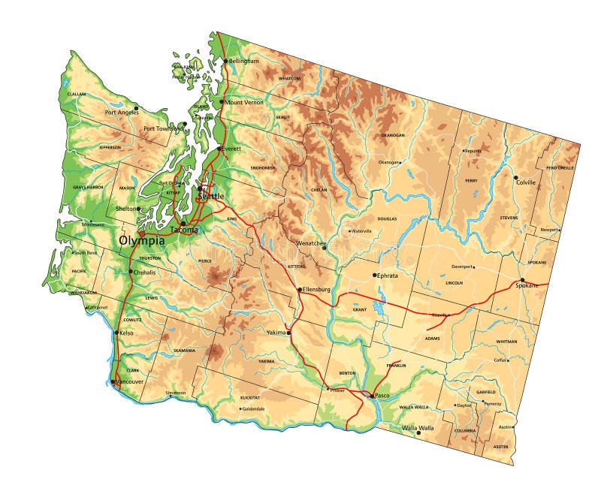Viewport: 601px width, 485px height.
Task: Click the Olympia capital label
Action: click(142, 241)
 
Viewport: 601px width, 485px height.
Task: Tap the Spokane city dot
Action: click(523, 280)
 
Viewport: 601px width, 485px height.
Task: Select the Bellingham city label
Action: click(243, 61)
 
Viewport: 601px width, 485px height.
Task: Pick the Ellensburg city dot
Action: click(300, 289)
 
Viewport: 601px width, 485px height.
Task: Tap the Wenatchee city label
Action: click(311, 244)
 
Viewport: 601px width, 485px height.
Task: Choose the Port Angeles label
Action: click(121, 113)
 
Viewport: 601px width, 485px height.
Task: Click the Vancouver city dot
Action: click(113, 382)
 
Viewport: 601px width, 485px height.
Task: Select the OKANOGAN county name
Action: click(392, 135)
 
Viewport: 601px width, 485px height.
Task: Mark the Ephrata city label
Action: click(391, 276)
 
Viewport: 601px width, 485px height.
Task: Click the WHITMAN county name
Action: click(506, 342)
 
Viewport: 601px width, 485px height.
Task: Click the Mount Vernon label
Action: click(244, 102)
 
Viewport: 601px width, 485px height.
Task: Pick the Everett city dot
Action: click(219, 149)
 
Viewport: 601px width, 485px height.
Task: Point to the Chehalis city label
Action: click(144, 272)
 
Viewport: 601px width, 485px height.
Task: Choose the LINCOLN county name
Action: click(454, 283)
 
